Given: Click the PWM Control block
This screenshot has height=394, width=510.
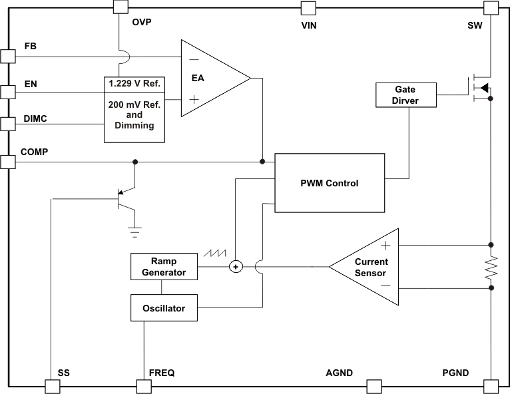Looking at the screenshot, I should click(x=330, y=183).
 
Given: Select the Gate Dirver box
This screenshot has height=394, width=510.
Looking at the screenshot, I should click(x=405, y=95).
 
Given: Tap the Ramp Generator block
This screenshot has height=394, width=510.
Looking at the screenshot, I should click(x=164, y=267).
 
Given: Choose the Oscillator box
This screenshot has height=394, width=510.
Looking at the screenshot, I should click(x=164, y=308).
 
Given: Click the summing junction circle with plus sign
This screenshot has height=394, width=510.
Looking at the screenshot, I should click(x=235, y=267).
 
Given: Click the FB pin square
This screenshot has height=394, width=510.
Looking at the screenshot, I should click(x=7, y=56).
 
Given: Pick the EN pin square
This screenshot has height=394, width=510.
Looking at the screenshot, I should click(x=7, y=91).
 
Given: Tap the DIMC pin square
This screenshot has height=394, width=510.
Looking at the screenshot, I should click(x=7, y=124).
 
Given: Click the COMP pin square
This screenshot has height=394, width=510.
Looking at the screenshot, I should click(x=7, y=162).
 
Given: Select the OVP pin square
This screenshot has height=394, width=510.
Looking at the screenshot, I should click(x=120, y=7).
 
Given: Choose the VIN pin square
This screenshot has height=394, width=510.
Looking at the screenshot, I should click(x=308, y=7).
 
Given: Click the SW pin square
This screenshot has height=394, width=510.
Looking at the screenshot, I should click(x=491, y=7).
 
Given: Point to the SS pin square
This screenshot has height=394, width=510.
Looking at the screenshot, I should click(x=52, y=387).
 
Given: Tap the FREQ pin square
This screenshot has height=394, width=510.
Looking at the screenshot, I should click(x=143, y=387).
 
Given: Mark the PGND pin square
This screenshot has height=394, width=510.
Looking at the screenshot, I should click(x=491, y=387).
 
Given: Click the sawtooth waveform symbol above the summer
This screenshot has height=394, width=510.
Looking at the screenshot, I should click(x=217, y=254).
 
